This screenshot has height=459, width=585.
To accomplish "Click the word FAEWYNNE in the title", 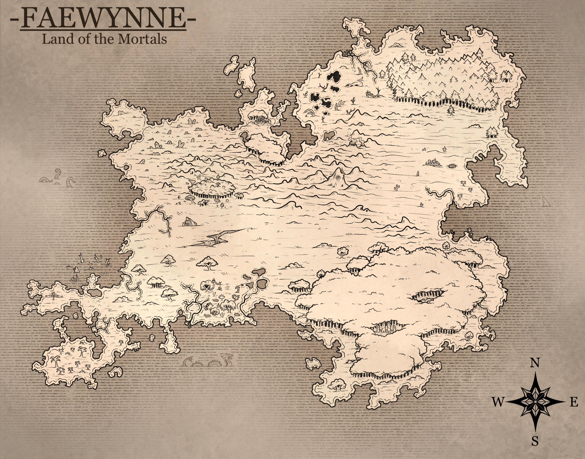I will click(x=103, y=19).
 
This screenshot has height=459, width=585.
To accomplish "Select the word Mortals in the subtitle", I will click(x=142, y=39).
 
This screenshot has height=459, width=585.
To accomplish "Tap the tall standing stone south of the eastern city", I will click(x=417, y=174).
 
